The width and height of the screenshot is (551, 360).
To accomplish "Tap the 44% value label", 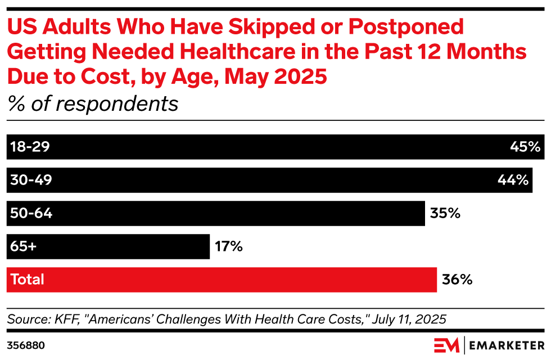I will click(513, 181).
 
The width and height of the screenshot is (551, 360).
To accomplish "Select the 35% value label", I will click(445, 213).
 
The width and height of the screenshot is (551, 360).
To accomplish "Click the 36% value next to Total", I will click(457, 280).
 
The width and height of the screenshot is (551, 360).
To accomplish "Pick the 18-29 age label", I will click(30, 147).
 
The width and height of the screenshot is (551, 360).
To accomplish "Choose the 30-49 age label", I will click(31, 181).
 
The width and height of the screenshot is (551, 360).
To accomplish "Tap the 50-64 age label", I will click(31, 213).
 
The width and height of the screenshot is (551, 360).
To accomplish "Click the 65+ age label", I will click(23, 246).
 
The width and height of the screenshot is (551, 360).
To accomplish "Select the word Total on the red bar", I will click(27, 280).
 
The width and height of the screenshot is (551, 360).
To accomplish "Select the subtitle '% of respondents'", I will click(93, 103).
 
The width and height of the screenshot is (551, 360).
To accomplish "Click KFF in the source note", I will click(73, 319).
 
